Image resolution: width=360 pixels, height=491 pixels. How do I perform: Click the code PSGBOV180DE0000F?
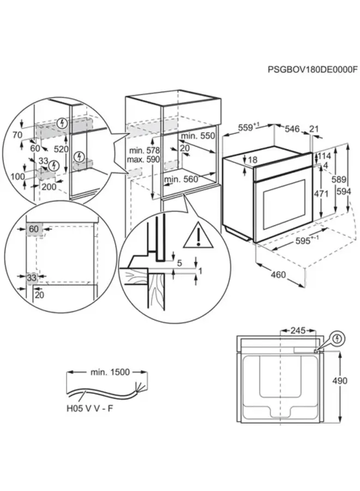coord(313,69)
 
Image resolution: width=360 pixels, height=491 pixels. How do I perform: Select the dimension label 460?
coord(278,275)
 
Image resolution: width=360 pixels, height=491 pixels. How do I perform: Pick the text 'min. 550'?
coord(199,136)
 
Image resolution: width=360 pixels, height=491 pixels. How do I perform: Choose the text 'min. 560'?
coord(181,179)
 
